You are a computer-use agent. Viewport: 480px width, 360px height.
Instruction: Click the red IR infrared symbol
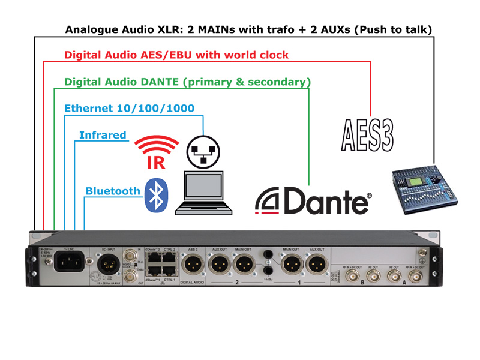(156, 152)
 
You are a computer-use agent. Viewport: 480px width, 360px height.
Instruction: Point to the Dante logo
(313, 200)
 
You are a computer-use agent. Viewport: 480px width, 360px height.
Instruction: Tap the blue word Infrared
(103, 135)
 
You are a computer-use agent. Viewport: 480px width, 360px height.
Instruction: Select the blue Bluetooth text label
(113, 191)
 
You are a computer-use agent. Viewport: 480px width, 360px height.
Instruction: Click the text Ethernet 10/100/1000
(129, 108)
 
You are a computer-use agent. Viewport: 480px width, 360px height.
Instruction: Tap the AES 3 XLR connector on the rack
(193, 264)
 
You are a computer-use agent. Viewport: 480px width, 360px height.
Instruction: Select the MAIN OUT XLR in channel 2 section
(245, 264)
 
